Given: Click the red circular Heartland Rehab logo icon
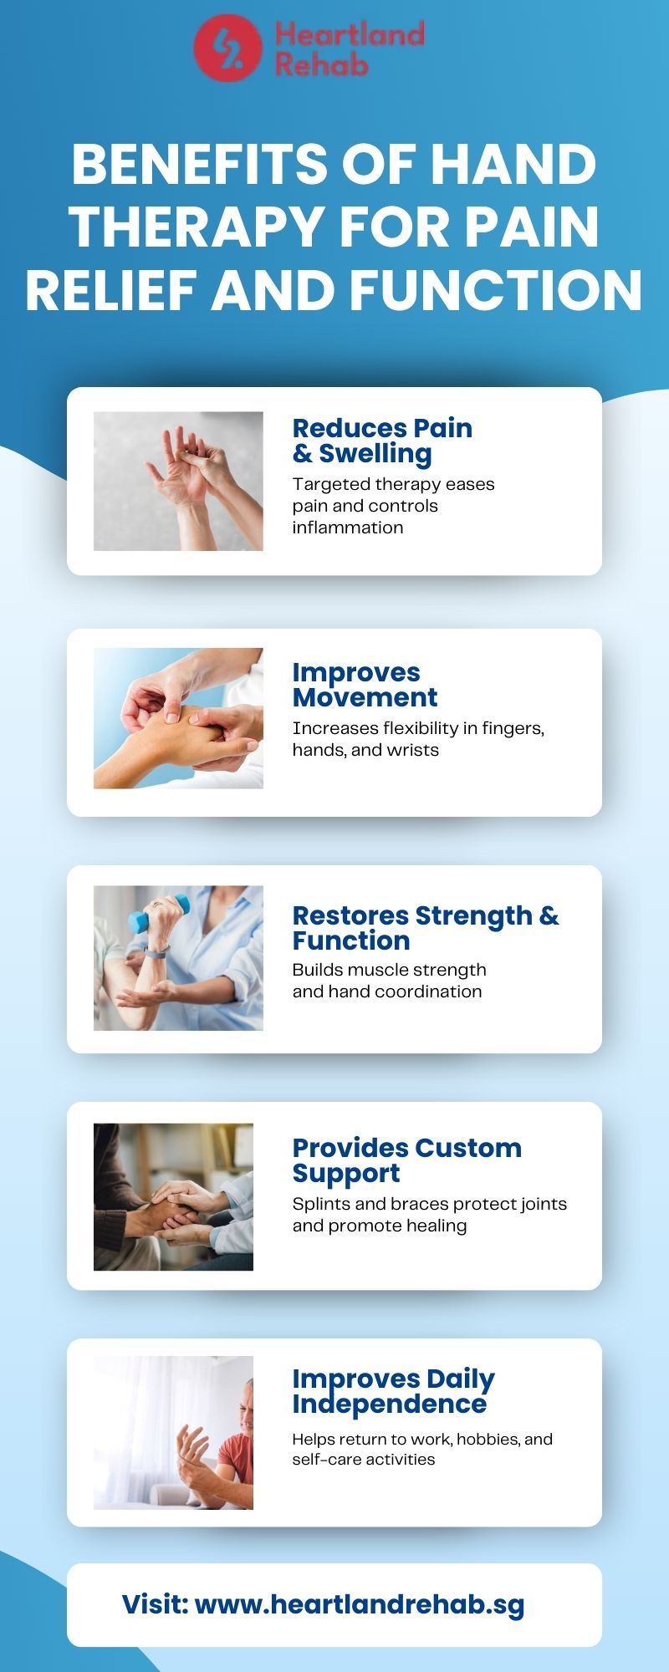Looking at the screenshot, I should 227,48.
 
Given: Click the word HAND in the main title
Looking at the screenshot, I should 513,164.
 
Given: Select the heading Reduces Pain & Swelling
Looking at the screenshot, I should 382,441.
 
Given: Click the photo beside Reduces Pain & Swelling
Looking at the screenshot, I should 178,481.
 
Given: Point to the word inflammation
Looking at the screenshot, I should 348,528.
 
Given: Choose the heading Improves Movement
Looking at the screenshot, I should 365,685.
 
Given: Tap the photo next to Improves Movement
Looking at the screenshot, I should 178,718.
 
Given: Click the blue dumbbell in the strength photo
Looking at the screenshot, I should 158,914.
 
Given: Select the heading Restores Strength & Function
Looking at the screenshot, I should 425,928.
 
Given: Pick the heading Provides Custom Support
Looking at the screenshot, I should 406,1160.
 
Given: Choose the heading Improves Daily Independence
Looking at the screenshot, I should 393,1391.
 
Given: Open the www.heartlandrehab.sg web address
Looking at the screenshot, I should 360,1604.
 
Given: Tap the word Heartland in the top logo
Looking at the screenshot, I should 350,34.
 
